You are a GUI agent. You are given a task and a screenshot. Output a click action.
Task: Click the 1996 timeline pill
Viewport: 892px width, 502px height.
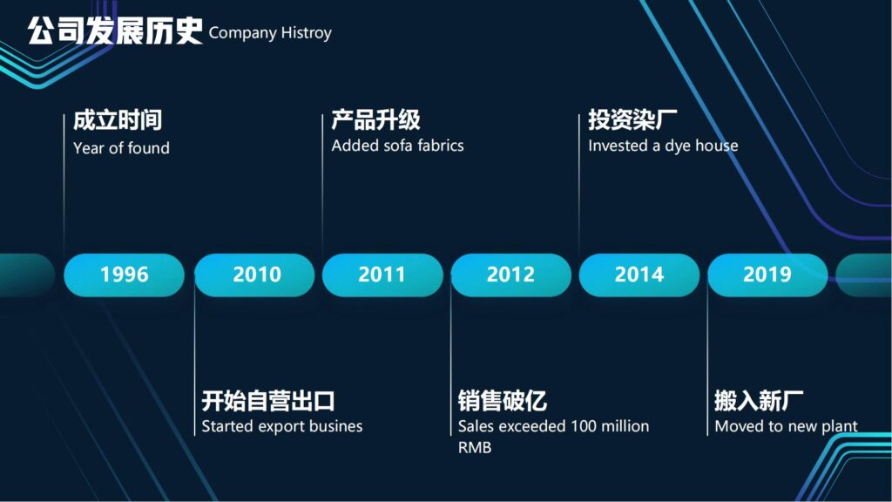(x=124, y=275)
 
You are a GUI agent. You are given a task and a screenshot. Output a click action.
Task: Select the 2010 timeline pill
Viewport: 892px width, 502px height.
(x=254, y=275)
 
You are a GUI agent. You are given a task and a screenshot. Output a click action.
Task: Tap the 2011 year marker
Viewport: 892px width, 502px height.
(x=382, y=275)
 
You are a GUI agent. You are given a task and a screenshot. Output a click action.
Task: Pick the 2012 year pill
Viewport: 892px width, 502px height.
(x=510, y=275)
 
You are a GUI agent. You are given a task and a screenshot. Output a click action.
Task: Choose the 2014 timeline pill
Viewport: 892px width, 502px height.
(x=639, y=275)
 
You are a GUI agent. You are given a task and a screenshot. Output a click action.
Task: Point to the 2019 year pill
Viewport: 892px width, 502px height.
(x=767, y=275)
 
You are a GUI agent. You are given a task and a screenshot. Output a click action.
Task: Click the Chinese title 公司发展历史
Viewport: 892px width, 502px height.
(x=115, y=31)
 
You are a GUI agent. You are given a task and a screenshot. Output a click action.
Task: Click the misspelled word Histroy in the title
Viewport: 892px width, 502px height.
(x=306, y=33)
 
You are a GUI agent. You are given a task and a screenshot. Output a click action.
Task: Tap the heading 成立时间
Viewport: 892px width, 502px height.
(x=118, y=120)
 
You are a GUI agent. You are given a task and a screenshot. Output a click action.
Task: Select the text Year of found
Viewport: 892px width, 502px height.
(x=121, y=148)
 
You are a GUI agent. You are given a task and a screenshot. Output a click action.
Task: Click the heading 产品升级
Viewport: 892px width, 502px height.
(x=375, y=119)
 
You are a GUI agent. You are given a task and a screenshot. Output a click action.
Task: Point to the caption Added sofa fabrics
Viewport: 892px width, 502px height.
(x=397, y=146)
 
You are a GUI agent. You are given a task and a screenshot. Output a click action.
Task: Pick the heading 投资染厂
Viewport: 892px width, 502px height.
(x=632, y=119)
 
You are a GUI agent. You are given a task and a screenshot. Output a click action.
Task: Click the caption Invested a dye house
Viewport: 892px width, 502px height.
(x=663, y=146)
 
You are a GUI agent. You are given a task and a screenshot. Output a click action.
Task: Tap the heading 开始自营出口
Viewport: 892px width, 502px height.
(x=268, y=401)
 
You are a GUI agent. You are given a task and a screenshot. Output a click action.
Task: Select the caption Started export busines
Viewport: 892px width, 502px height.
(x=282, y=426)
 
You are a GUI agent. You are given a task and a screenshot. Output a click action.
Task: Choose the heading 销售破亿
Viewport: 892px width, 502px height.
(x=503, y=401)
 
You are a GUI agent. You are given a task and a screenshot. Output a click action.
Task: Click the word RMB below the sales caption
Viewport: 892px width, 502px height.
(x=475, y=448)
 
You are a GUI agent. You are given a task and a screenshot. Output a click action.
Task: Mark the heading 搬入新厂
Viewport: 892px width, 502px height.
(x=759, y=401)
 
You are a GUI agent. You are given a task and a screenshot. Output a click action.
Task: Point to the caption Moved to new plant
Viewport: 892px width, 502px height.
(x=787, y=426)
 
